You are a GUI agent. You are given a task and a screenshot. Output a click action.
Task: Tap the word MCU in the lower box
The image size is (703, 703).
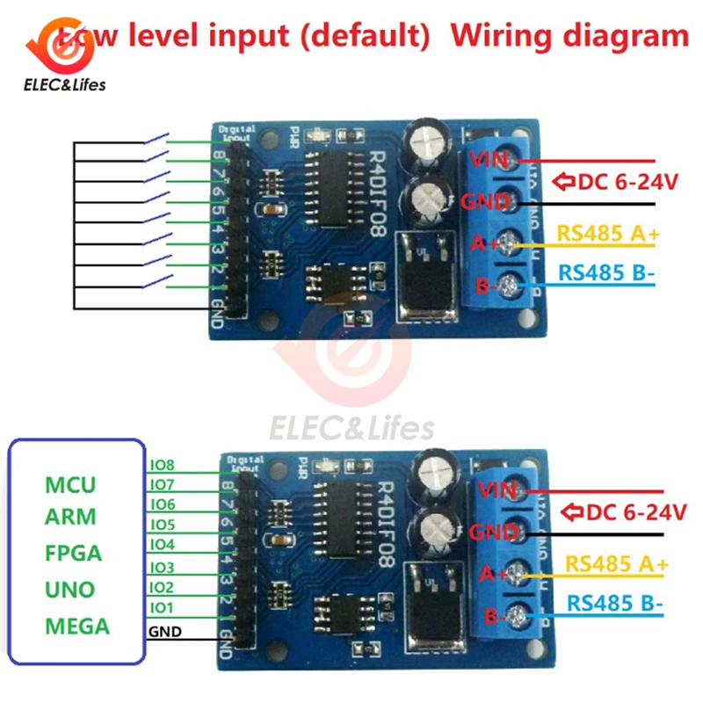(x=71, y=485)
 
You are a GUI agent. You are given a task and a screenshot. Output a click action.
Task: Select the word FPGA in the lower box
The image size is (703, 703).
(x=74, y=553)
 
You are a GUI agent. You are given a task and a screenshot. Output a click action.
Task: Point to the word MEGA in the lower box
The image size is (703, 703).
(x=77, y=626)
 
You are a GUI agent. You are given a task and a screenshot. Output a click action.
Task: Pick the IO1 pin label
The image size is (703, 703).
(x=163, y=607)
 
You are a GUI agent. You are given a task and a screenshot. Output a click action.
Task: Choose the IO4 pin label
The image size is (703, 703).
(x=163, y=545)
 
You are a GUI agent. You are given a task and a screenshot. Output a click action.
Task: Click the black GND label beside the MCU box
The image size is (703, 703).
(x=165, y=631)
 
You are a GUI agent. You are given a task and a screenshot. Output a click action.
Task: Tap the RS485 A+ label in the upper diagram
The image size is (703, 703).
(x=605, y=234)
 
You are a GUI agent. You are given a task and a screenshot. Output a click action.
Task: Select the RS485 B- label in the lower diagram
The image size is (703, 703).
(x=615, y=604)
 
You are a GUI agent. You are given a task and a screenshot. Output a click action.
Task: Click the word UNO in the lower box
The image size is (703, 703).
(x=70, y=589)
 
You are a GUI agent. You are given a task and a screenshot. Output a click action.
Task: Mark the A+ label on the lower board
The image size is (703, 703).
(x=490, y=573)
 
